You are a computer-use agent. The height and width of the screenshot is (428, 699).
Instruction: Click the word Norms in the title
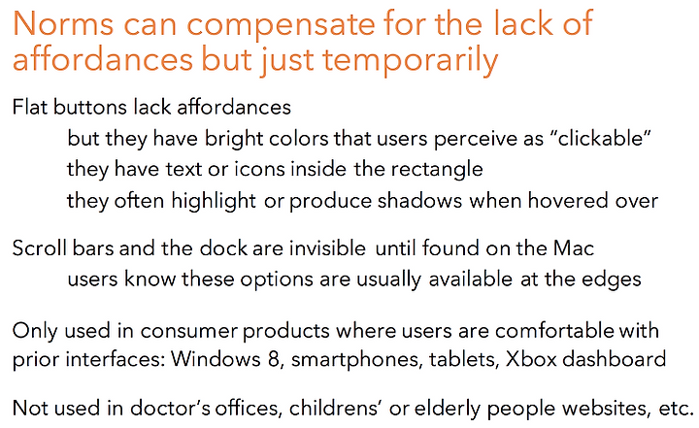(x=63, y=23)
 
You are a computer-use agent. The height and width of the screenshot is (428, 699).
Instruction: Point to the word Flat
(x=30, y=108)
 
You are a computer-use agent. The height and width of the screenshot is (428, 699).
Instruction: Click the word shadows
(x=419, y=201)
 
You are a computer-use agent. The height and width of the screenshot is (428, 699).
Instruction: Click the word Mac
(x=574, y=248)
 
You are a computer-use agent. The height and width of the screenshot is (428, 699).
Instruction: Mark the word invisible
(x=327, y=248)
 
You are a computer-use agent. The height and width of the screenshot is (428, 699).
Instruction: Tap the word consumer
(x=189, y=331)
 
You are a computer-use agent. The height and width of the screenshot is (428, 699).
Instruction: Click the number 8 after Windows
(x=274, y=359)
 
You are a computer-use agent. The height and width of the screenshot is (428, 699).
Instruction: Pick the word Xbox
(x=531, y=359)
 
